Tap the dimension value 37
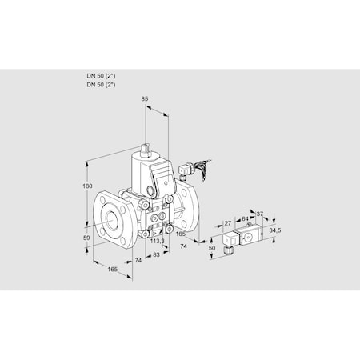tap(258, 214)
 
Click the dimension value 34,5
tap(276, 230)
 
